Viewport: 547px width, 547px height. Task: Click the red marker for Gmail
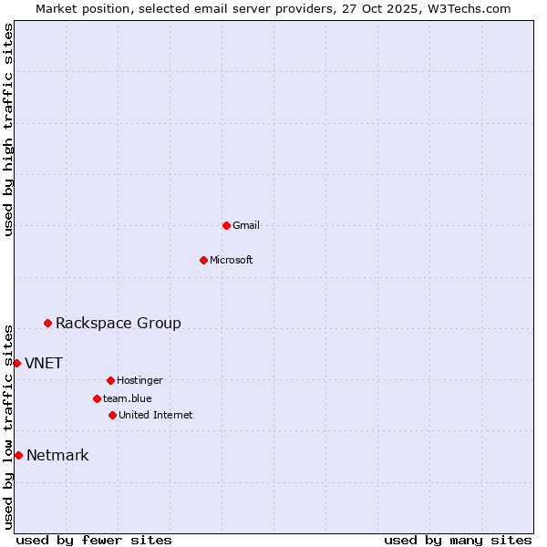coord(226,225)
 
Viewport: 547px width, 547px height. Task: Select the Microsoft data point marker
coord(203,260)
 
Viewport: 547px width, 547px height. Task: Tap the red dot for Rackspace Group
coord(47,323)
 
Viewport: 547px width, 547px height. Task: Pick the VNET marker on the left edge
coord(16,363)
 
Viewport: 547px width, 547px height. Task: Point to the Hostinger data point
coord(110,380)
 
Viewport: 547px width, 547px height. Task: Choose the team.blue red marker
coord(97,398)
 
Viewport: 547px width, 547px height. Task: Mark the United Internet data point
coord(112,415)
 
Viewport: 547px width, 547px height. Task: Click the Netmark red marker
coord(18,455)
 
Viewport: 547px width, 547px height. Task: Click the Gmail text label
coord(246,225)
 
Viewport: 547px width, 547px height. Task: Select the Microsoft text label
coord(232,260)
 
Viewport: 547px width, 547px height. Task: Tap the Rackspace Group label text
coord(119,323)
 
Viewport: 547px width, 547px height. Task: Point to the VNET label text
coord(44,363)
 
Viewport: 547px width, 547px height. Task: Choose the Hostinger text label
coord(139,380)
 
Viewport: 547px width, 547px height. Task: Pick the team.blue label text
coord(128,398)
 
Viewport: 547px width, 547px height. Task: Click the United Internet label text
coord(156,415)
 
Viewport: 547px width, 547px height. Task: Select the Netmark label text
coord(57,455)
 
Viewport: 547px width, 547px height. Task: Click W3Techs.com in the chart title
coord(469,8)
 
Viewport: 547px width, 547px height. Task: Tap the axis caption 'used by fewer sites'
coord(94,540)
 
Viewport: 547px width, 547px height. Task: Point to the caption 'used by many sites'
coord(458,540)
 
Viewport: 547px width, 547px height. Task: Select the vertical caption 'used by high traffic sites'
coord(8,129)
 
